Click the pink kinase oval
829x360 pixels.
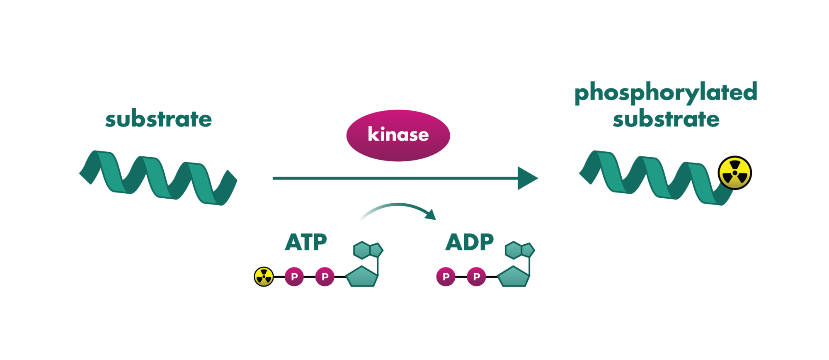(x=398, y=135)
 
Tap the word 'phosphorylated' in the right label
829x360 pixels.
(x=666, y=92)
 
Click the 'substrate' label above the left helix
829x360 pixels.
(x=158, y=119)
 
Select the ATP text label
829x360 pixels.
(x=306, y=242)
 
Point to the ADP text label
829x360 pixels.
(x=469, y=242)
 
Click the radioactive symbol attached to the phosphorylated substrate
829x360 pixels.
(x=734, y=173)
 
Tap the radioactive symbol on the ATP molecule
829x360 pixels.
(x=264, y=277)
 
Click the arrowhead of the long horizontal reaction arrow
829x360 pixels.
(x=527, y=178)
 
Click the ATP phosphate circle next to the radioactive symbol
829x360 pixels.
(x=294, y=277)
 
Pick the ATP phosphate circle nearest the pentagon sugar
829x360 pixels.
(x=325, y=277)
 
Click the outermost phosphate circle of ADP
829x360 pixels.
(x=446, y=277)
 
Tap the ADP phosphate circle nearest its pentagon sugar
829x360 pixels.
(x=477, y=277)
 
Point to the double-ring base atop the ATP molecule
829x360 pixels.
(x=367, y=250)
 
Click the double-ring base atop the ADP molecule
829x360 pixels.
(x=519, y=250)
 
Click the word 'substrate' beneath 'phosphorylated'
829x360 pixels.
(x=666, y=119)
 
